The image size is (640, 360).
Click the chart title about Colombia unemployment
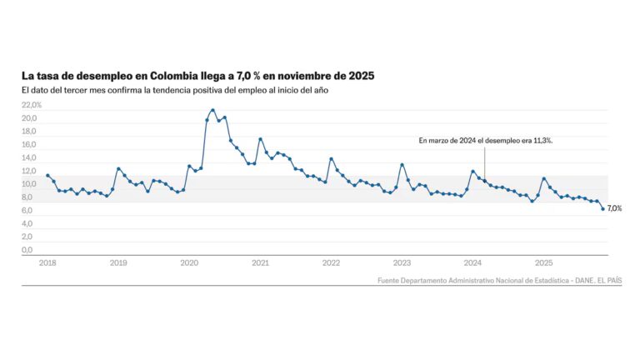(x=197, y=76)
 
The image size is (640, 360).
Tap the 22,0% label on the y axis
(x=32, y=106)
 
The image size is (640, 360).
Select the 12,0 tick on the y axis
(x=29, y=171)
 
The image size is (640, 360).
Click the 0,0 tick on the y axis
(x=27, y=250)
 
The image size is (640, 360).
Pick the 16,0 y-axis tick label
(x=29, y=145)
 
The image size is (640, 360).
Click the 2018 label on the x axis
(x=47, y=262)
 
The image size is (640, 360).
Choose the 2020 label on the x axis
(x=189, y=262)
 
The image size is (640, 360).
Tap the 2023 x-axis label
(x=402, y=262)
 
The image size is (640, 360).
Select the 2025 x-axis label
(x=543, y=262)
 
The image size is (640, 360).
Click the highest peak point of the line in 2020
(x=212, y=110)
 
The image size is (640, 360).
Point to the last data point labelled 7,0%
(x=602, y=208)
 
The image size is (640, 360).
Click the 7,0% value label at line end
(x=615, y=208)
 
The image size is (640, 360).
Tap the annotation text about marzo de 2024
(x=485, y=141)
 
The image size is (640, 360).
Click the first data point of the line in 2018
(x=47, y=175)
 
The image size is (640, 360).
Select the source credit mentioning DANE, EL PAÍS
(x=498, y=280)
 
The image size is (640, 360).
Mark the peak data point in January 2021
(x=260, y=139)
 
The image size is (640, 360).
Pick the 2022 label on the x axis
(x=331, y=262)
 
